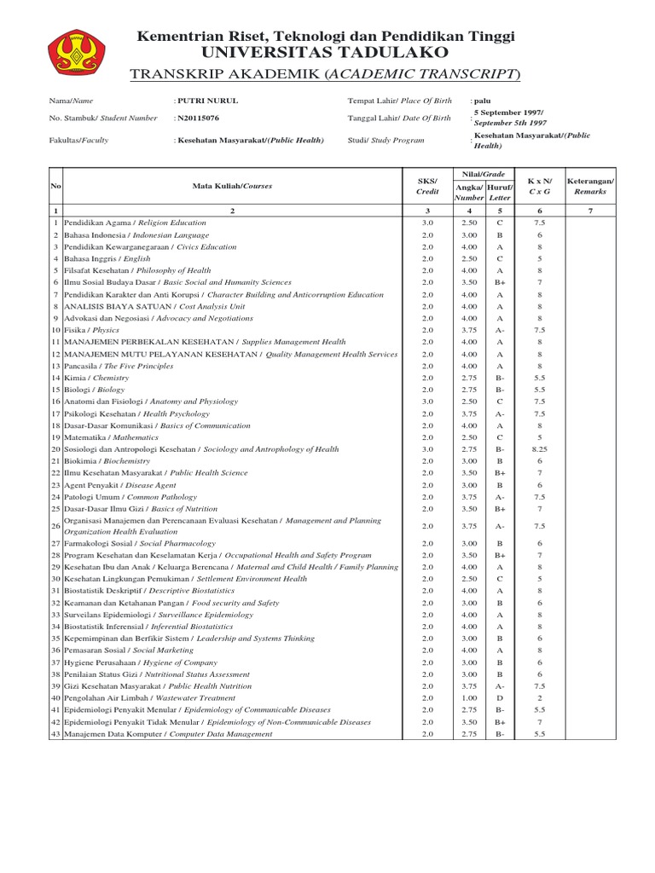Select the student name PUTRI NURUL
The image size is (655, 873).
[207, 101]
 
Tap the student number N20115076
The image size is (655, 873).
[198, 119]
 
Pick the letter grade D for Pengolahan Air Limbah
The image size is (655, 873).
[500, 697]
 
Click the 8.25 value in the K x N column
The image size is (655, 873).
[539, 448]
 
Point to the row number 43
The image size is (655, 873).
[55, 733]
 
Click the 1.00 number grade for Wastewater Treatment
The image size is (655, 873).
[468, 697]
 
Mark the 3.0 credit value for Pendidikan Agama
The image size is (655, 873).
[427, 222]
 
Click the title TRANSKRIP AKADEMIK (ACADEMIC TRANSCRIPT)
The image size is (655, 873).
[325, 75]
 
